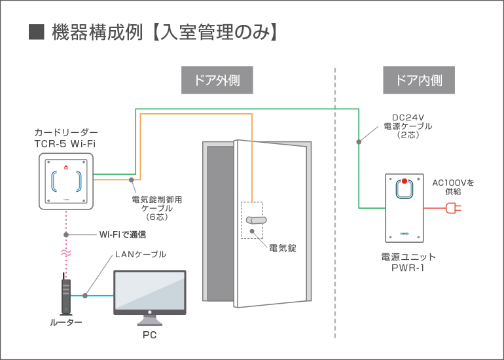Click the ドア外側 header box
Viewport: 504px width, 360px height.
point(217,81)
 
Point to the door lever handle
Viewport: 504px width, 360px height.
point(256,222)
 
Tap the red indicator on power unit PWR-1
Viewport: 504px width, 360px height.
point(405,181)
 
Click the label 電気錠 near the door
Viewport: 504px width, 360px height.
point(283,248)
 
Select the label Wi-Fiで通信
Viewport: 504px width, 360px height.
point(122,234)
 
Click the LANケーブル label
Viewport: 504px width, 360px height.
point(140,254)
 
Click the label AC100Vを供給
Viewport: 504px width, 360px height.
point(453,187)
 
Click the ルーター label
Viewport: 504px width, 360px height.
point(66,323)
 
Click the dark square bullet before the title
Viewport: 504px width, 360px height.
point(37,32)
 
